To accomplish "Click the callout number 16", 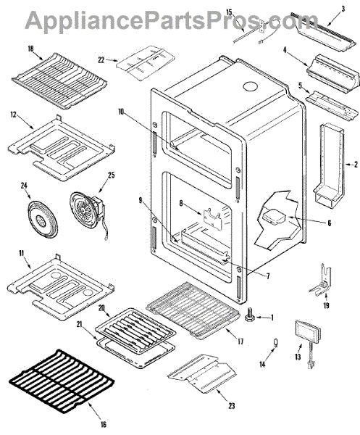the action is (x=103, y=424).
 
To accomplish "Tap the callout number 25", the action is (x=111, y=175).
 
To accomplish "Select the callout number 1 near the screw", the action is (x=272, y=318).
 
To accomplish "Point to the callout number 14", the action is (x=262, y=364).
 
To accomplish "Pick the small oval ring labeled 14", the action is (x=275, y=343).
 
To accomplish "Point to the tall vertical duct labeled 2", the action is (x=330, y=164).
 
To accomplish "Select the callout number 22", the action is (x=101, y=59).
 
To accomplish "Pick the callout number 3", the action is (x=343, y=9).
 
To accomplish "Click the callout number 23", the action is (x=231, y=405).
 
